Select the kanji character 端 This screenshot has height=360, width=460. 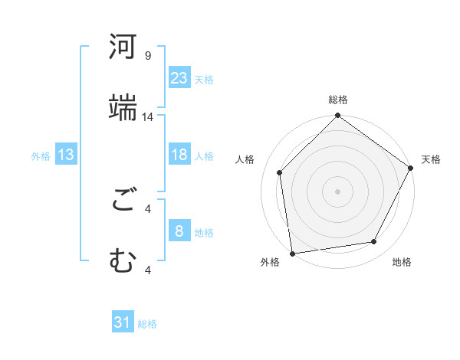(123, 107)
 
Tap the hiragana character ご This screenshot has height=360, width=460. (123, 201)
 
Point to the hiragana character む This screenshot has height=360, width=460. (123, 262)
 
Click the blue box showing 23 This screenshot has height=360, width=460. (179, 77)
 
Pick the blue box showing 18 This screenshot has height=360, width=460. (179, 155)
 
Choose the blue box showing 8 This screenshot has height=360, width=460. (179, 231)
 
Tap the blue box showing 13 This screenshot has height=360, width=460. (66, 155)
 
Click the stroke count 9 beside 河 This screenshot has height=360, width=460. (148, 56)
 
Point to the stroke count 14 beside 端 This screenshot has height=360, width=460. (148, 117)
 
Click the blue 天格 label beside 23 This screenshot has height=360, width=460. (204, 79)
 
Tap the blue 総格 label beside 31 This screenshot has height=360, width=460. (147, 325)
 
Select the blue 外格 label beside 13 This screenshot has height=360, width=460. (41, 156)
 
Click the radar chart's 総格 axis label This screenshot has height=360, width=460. (338, 100)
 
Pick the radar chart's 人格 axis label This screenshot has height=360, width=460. (245, 159)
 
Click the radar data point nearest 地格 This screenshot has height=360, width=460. (374, 242)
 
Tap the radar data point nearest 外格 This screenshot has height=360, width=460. (292, 252)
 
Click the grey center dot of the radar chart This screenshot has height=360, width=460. (337, 191)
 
